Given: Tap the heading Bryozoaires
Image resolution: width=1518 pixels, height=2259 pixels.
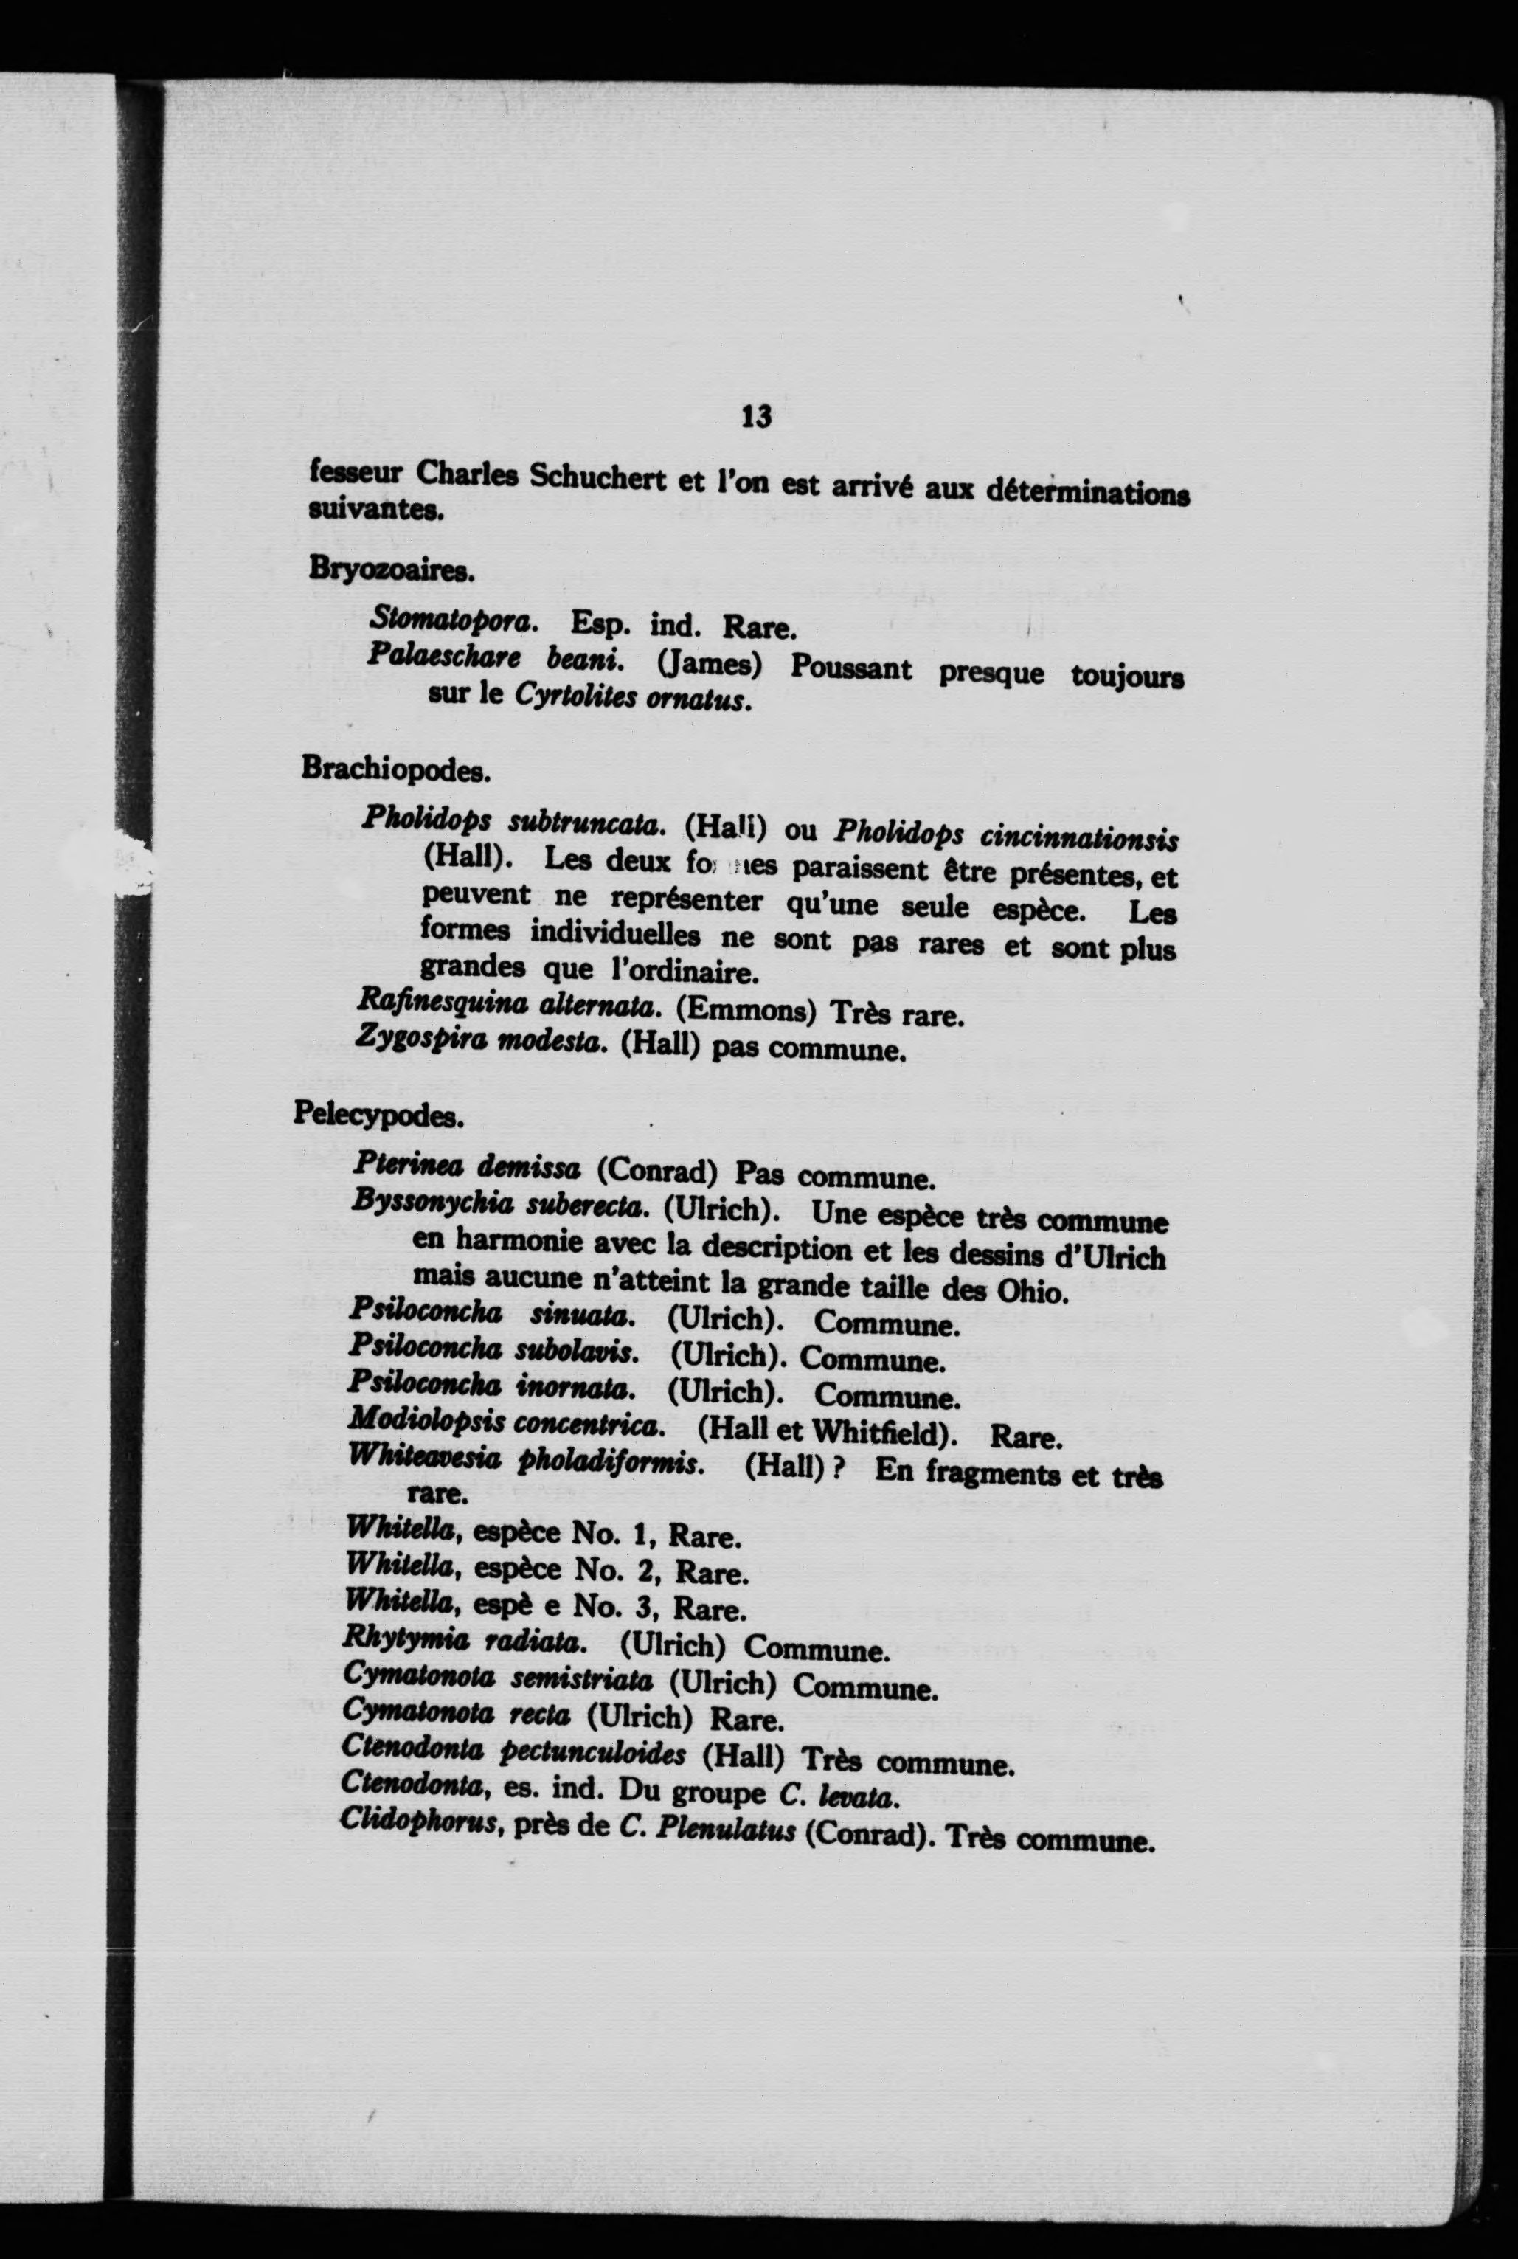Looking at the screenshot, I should point(391,570).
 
